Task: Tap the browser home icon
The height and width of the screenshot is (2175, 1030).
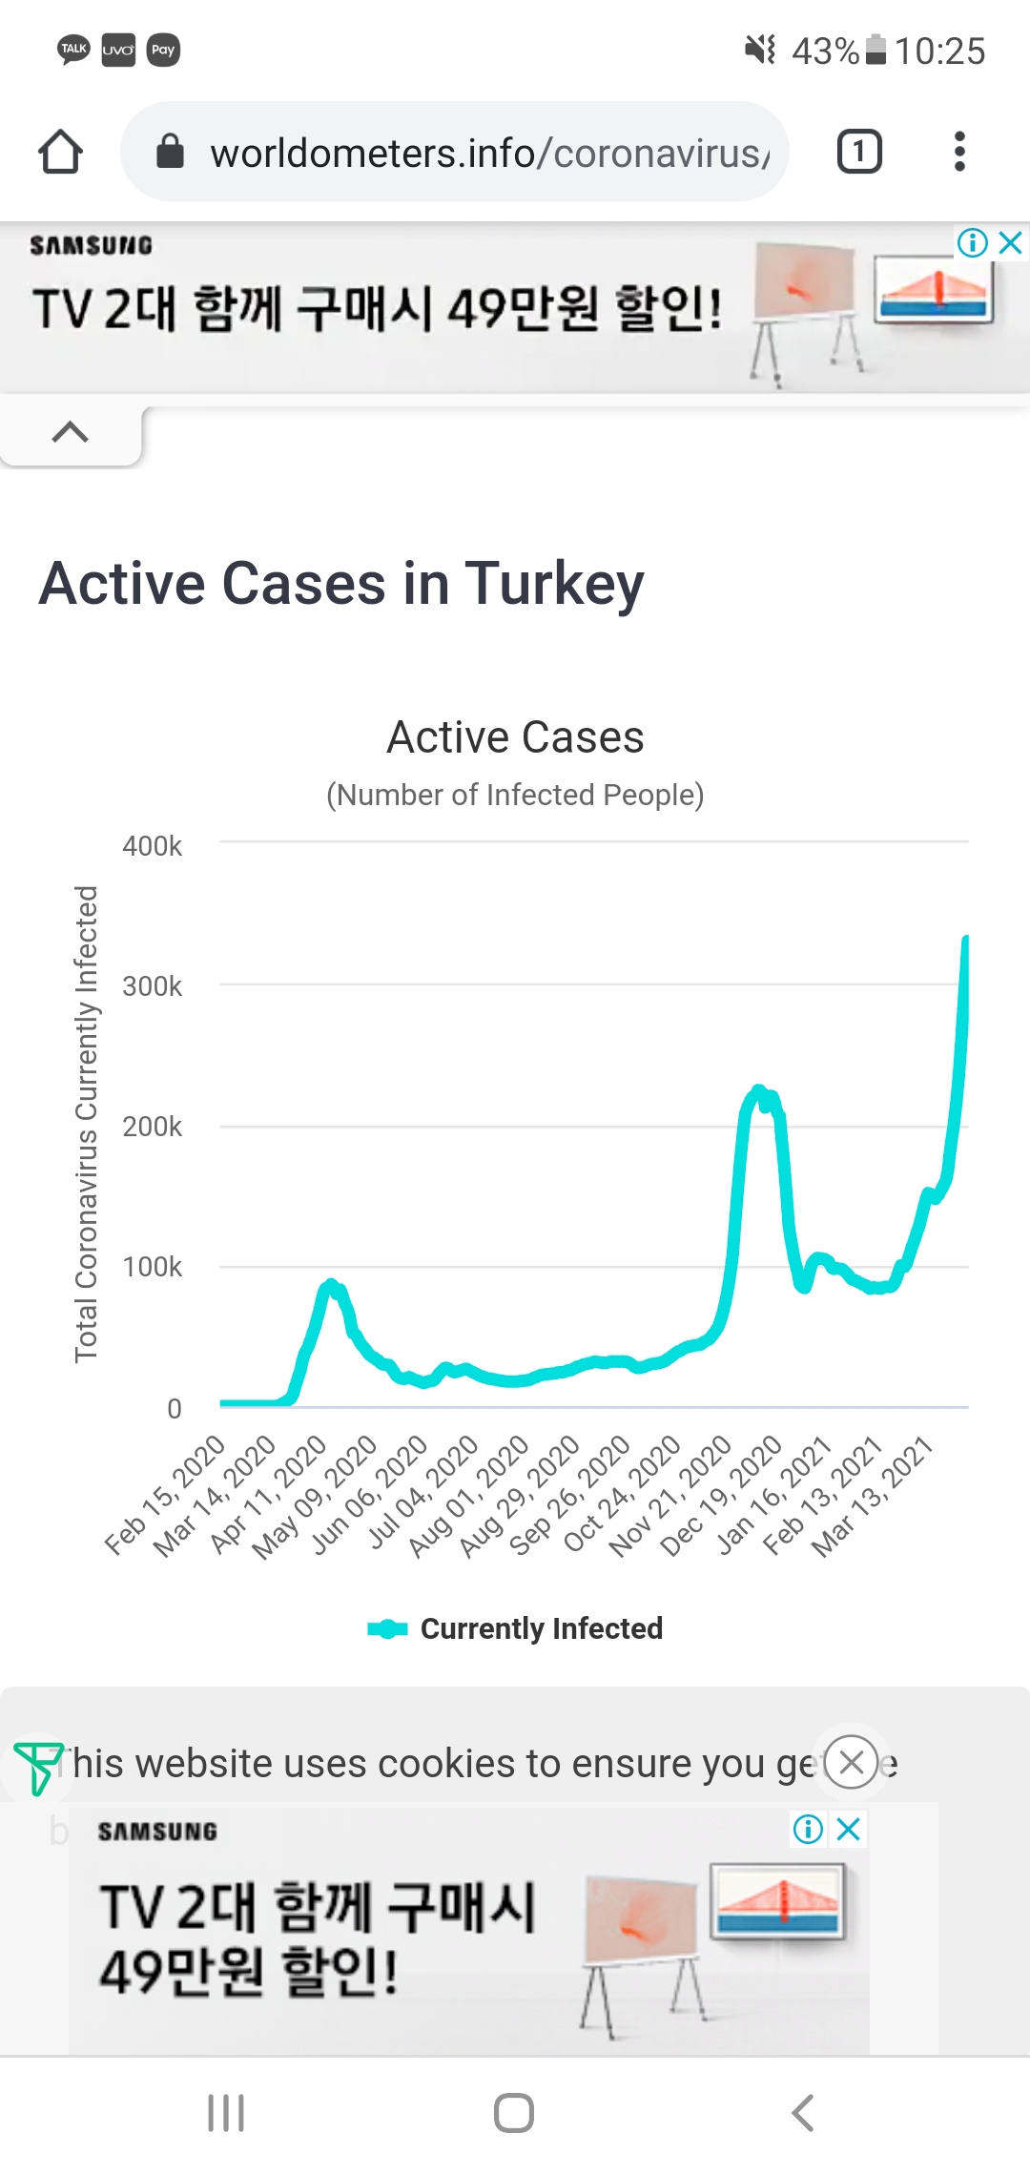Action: click(x=60, y=152)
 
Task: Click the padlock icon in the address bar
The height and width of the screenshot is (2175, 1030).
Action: click(x=170, y=151)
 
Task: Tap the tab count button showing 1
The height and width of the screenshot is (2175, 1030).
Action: click(x=858, y=152)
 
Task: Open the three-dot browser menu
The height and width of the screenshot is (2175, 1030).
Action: click(x=959, y=152)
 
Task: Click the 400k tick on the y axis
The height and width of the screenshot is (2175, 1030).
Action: click(x=153, y=846)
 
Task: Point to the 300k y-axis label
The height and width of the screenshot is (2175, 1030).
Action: click(x=153, y=986)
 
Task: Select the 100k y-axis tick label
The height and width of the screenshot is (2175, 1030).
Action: click(x=153, y=1267)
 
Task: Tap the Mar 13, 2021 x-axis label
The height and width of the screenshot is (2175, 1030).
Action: click(x=873, y=1496)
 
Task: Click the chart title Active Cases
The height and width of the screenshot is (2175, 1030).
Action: click(x=515, y=737)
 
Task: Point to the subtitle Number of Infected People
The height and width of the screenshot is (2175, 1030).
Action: click(x=515, y=795)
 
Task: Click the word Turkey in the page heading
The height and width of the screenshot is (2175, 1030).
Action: click(x=554, y=584)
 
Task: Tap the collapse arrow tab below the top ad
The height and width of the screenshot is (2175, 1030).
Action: click(x=71, y=433)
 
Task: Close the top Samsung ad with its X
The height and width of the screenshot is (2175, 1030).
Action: click(x=1011, y=242)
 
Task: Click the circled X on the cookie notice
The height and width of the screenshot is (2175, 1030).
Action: click(x=851, y=1762)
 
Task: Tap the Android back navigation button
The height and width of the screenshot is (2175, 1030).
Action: click(x=803, y=2113)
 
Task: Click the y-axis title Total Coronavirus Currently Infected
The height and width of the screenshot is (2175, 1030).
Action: click(x=87, y=1124)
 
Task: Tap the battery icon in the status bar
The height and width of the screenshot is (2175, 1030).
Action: click(x=875, y=50)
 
